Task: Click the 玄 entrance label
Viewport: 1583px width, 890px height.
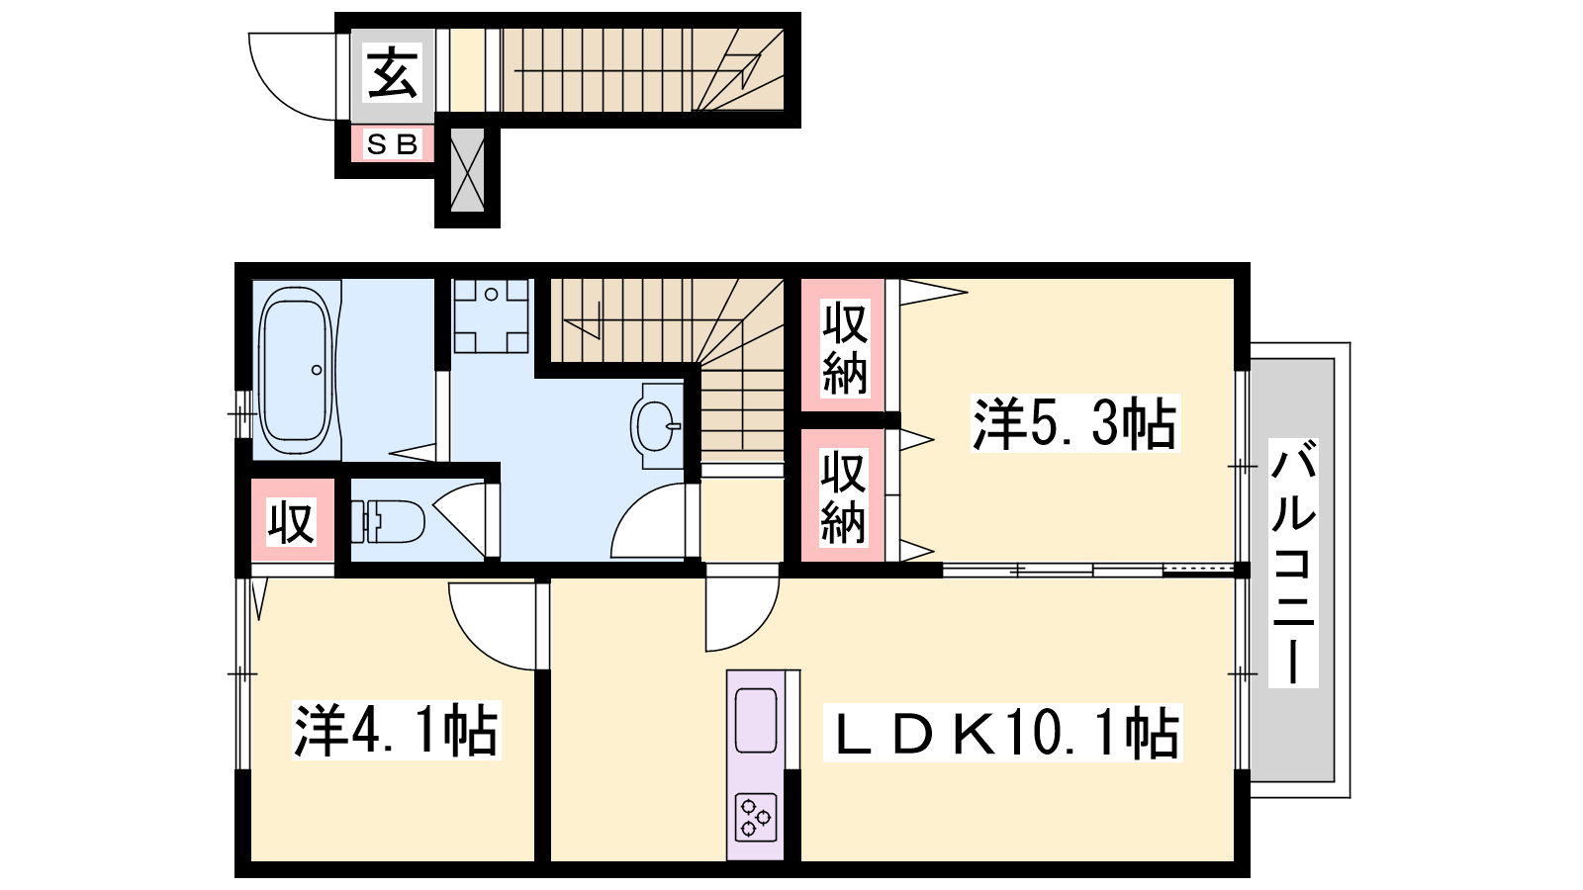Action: point(392,73)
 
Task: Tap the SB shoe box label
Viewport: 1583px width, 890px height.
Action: point(392,144)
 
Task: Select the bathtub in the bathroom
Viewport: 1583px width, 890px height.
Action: point(296,370)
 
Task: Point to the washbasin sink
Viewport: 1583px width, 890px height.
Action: point(657,425)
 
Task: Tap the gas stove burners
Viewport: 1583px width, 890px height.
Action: point(756,817)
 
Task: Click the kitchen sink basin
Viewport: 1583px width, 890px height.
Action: point(756,721)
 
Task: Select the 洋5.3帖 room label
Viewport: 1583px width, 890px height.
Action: point(1074,423)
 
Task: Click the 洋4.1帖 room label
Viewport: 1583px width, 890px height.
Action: point(397,731)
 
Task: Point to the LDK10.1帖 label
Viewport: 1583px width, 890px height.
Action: point(1003,734)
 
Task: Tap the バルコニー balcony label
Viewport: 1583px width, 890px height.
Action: point(1293,563)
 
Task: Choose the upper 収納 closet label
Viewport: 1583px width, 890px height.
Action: point(844,348)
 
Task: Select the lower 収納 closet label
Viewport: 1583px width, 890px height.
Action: point(843,498)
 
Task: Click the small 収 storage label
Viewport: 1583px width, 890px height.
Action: point(291,523)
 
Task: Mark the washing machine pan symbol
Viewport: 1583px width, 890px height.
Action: point(491,315)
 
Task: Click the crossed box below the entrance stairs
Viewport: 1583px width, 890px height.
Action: point(467,169)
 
